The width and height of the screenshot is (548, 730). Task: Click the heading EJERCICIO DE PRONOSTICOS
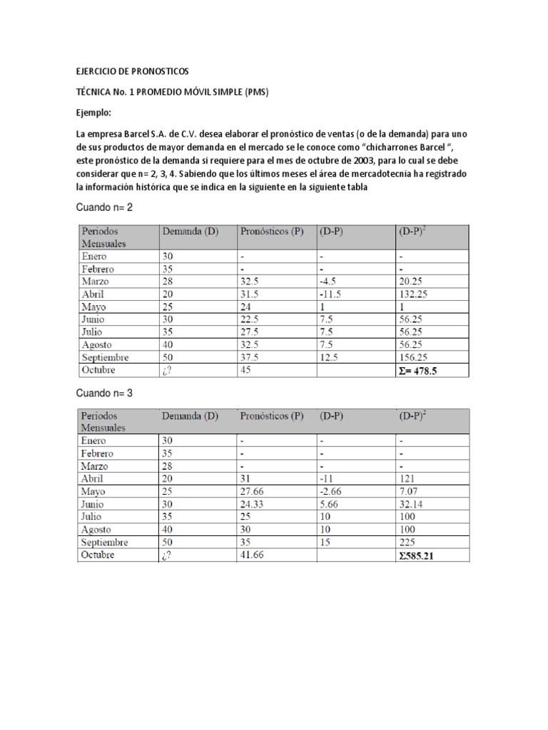tap(133, 72)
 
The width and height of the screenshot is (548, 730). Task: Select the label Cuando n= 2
tap(105, 207)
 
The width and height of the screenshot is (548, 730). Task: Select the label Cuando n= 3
tap(105, 392)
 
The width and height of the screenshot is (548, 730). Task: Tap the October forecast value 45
tap(247, 371)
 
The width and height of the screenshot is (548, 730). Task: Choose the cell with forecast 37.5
tap(250, 357)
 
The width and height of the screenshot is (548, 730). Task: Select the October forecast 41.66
tap(252, 555)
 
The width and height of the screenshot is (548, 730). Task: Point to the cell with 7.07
tap(409, 491)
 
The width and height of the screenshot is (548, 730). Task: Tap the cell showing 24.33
tap(252, 504)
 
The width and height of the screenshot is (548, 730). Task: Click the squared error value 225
tap(407, 543)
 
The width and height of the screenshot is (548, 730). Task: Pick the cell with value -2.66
tap(331, 491)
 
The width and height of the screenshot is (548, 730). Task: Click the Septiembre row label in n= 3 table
tap(106, 543)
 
